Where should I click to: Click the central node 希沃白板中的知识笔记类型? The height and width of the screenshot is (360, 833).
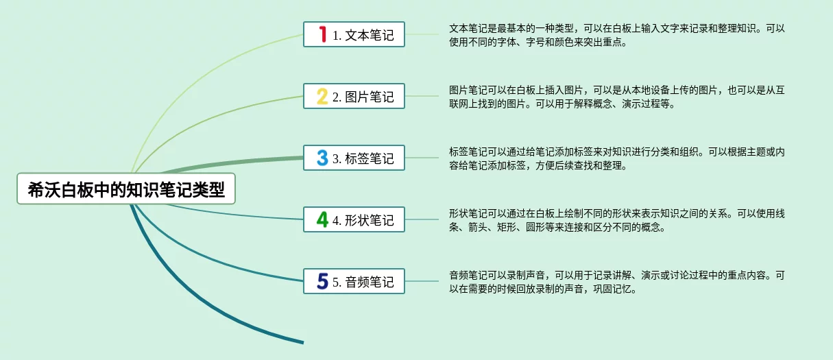click(126, 189)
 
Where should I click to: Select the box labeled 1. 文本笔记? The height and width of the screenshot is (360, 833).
click(354, 34)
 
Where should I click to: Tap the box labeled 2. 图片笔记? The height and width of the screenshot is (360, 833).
click(354, 96)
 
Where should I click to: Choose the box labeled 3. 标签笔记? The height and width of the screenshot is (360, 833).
click(354, 158)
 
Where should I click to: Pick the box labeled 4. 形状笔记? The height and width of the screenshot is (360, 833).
click(354, 219)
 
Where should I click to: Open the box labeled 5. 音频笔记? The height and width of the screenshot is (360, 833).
click(354, 281)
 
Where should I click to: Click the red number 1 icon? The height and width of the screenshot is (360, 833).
click(322, 34)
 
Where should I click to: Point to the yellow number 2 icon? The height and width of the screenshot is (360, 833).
click(322, 96)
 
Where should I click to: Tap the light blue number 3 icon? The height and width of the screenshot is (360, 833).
click(322, 158)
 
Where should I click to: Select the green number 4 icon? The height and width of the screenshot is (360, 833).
click(322, 219)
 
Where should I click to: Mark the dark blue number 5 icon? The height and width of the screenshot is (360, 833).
click(322, 281)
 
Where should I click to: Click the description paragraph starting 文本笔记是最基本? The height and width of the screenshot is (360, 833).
click(616, 35)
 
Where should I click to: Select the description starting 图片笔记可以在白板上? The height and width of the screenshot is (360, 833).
click(616, 97)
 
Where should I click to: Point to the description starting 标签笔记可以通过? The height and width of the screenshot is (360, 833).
click(616, 158)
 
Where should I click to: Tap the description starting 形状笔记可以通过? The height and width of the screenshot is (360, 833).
click(616, 220)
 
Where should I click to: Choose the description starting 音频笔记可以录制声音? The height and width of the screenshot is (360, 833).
click(616, 282)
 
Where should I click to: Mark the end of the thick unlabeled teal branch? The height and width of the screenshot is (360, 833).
click(303, 342)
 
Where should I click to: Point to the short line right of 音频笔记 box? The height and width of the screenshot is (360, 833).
click(422, 281)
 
